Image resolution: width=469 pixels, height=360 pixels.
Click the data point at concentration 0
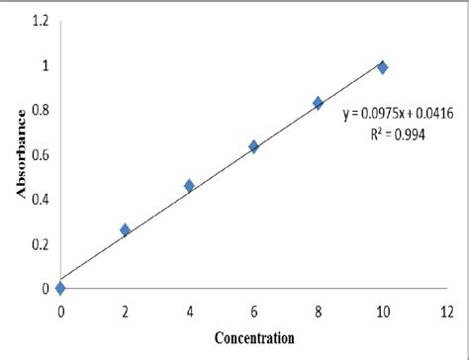click(x=61, y=288)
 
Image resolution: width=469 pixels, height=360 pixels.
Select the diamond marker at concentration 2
click(x=125, y=230)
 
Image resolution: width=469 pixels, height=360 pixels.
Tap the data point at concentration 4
click(x=189, y=185)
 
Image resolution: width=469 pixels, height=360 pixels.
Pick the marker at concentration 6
click(x=253, y=146)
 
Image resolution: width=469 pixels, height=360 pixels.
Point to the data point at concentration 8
click(x=318, y=103)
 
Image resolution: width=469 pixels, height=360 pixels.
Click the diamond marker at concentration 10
click(x=382, y=67)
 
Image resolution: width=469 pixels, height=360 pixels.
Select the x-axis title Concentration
click(x=253, y=338)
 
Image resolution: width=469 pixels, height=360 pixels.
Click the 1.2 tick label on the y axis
click(x=38, y=21)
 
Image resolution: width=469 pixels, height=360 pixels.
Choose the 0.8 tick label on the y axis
click(x=38, y=110)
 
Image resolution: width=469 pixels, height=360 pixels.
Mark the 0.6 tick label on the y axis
click(x=38, y=154)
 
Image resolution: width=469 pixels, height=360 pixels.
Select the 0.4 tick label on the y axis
click(x=38, y=199)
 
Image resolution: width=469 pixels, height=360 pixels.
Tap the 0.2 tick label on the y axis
click(x=38, y=243)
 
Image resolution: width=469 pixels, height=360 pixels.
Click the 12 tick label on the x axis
click(x=446, y=311)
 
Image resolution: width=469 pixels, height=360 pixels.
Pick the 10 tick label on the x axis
click(x=382, y=311)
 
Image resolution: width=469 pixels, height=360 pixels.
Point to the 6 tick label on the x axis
click(x=253, y=311)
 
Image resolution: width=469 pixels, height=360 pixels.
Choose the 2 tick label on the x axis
click(x=125, y=311)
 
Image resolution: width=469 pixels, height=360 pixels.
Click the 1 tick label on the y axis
click(x=45, y=65)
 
